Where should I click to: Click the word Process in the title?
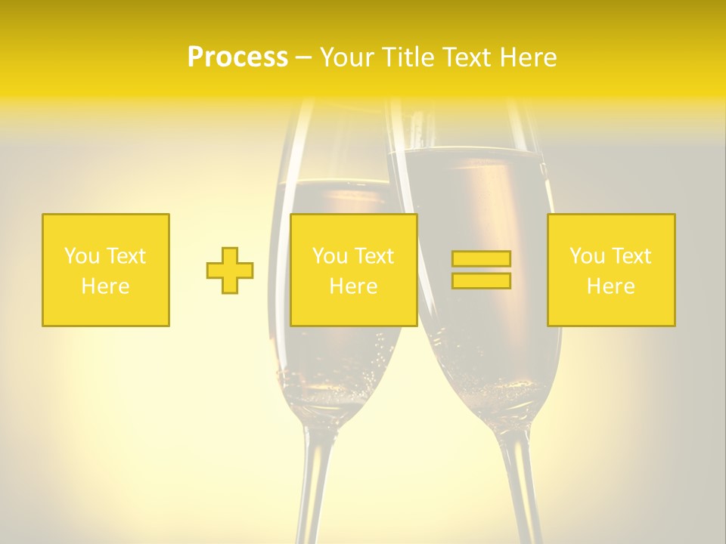(x=237, y=57)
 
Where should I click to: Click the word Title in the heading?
(x=408, y=57)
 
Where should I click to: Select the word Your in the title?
(x=349, y=57)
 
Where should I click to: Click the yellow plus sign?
(x=230, y=270)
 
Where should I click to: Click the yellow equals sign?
(x=481, y=270)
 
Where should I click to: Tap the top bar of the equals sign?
(x=481, y=259)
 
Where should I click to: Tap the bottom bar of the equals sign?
(x=481, y=280)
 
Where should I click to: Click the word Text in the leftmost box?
(x=126, y=256)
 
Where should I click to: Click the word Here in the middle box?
(x=353, y=286)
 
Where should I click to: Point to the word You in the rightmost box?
(x=586, y=256)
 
